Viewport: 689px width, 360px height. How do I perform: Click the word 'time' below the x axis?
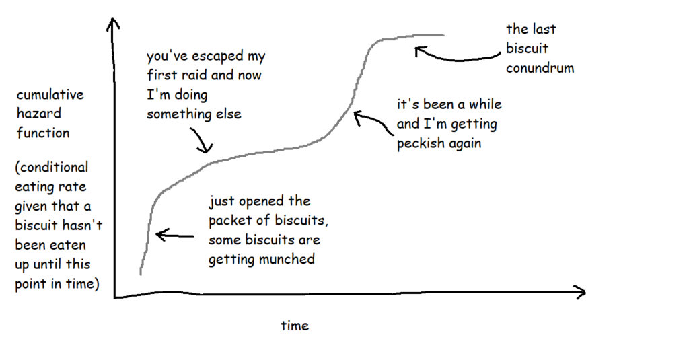295,326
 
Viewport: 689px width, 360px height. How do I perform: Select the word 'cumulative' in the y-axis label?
50,95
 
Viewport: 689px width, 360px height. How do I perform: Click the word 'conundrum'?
540,68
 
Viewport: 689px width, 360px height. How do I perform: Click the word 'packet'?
233,220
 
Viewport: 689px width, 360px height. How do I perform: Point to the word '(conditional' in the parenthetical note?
52,167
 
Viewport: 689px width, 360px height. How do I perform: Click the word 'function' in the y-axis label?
43,133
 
